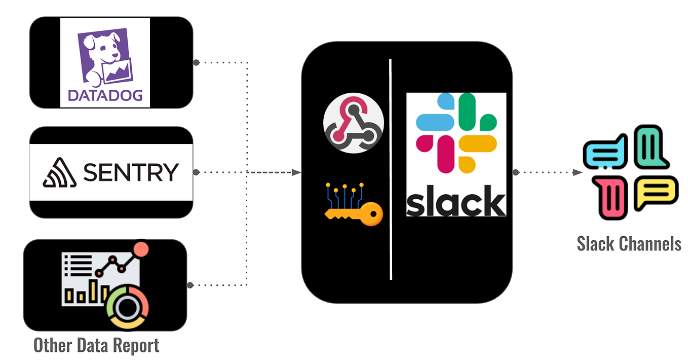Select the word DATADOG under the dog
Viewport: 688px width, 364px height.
pos(105,95)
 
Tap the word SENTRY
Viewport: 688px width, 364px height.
pos(131,172)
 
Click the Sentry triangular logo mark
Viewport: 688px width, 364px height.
pos(60,173)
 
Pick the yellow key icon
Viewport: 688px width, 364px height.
pos(354,206)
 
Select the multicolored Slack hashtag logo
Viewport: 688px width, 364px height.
pos(455,132)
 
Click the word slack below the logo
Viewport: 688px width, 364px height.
pos(455,200)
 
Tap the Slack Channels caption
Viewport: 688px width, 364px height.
pos(629,244)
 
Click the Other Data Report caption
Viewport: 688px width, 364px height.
pos(96,346)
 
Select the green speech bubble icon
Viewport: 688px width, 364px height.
pos(651,148)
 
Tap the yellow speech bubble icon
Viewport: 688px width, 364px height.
pos(655,192)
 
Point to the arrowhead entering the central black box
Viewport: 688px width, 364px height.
pos(297,172)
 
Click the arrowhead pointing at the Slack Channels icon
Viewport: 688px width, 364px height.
pos(577,172)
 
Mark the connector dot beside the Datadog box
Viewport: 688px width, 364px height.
pos(196,62)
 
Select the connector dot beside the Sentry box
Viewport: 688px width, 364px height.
pos(196,172)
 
